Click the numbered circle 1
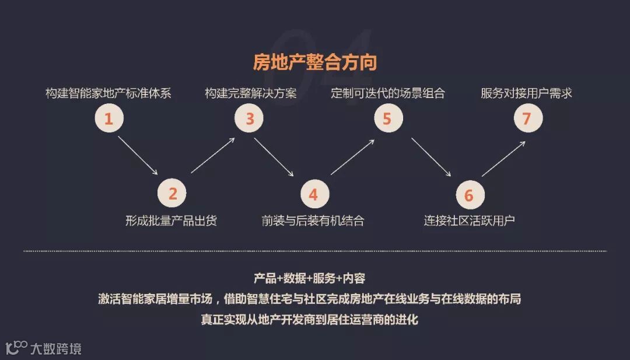click(108, 119)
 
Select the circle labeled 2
click(172, 194)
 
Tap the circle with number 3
click(249, 119)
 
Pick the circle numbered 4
click(314, 194)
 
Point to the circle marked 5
click(387, 119)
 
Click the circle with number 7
click(527, 119)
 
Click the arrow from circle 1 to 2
click(138, 155)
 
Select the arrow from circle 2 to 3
click(213, 155)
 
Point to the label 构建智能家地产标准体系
click(108, 93)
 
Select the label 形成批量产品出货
click(171, 221)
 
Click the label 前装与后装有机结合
click(313, 221)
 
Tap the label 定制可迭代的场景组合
click(388, 93)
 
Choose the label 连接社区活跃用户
click(469, 221)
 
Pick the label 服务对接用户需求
click(527, 93)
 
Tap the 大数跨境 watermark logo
click(43, 348)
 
